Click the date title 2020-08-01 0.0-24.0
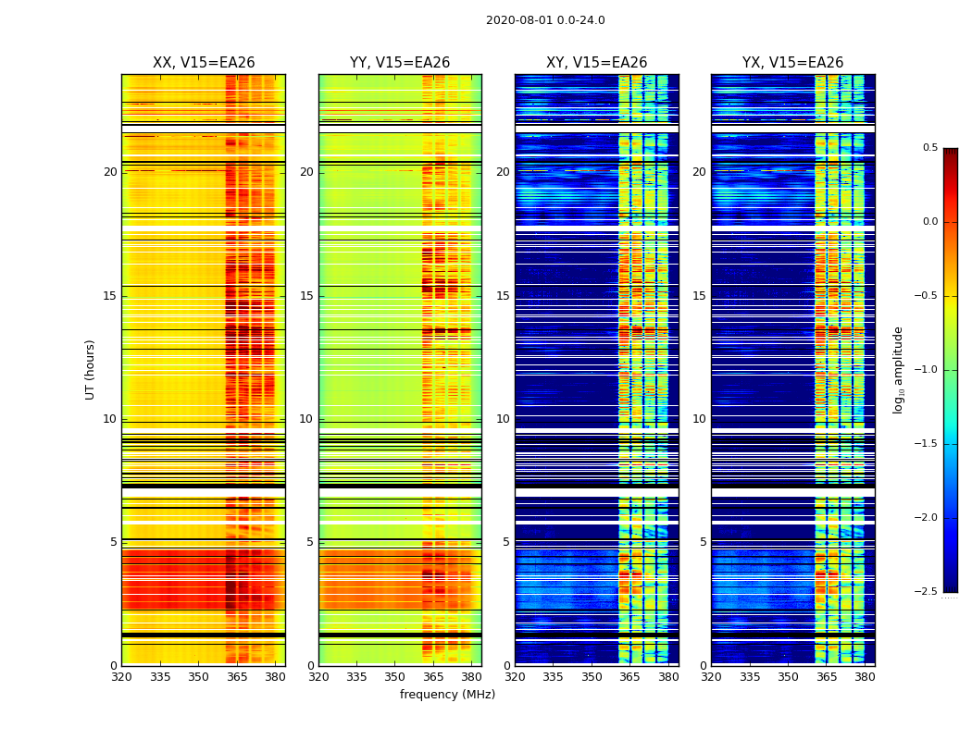point(545,20)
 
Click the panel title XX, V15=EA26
point(204,63)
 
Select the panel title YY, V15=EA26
point(400,63)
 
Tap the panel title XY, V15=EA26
point(596,63)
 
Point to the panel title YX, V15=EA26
point(792,63)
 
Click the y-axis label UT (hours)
point(91,369)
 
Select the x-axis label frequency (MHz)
point(447,695)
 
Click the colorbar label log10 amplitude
point(898,369)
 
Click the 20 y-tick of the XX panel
point(110,172)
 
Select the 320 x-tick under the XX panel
point(121,677)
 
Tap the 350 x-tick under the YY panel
point(395,677)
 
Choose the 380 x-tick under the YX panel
point(865,677)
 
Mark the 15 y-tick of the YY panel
point(306,296)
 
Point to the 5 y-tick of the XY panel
point(506,542)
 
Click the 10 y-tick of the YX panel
point(700,419)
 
